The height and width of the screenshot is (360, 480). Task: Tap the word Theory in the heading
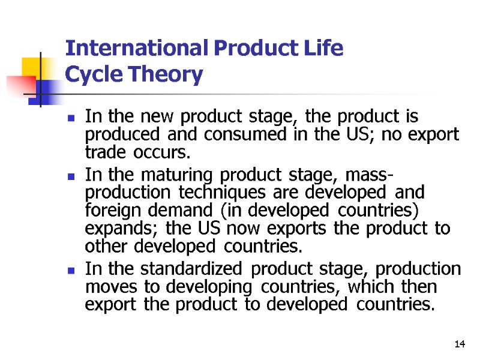170,76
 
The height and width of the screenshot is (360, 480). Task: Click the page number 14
460,344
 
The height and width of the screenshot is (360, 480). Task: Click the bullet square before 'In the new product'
71,118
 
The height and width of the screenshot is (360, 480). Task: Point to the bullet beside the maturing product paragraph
71,178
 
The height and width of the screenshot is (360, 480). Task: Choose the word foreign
110,211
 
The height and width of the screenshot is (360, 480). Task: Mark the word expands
112,229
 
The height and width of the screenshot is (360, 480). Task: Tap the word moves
104,287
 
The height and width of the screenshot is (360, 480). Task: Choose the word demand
172,211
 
